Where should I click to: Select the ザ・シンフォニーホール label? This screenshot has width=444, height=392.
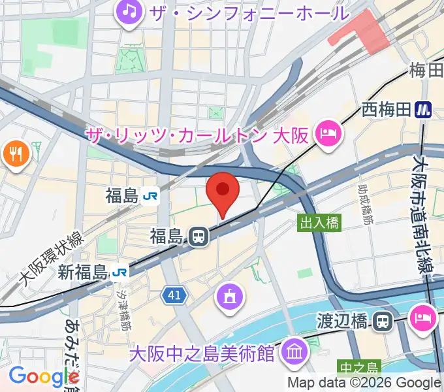pos(249,12)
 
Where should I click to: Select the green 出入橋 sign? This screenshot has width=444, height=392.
pos(320,223)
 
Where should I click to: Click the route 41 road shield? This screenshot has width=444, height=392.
pos(174,296)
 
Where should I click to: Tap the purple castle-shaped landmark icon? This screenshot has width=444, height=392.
pos(229,297)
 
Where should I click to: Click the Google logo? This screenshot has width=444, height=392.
pos(42,377)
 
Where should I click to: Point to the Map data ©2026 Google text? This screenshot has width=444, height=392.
pos(364,383)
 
